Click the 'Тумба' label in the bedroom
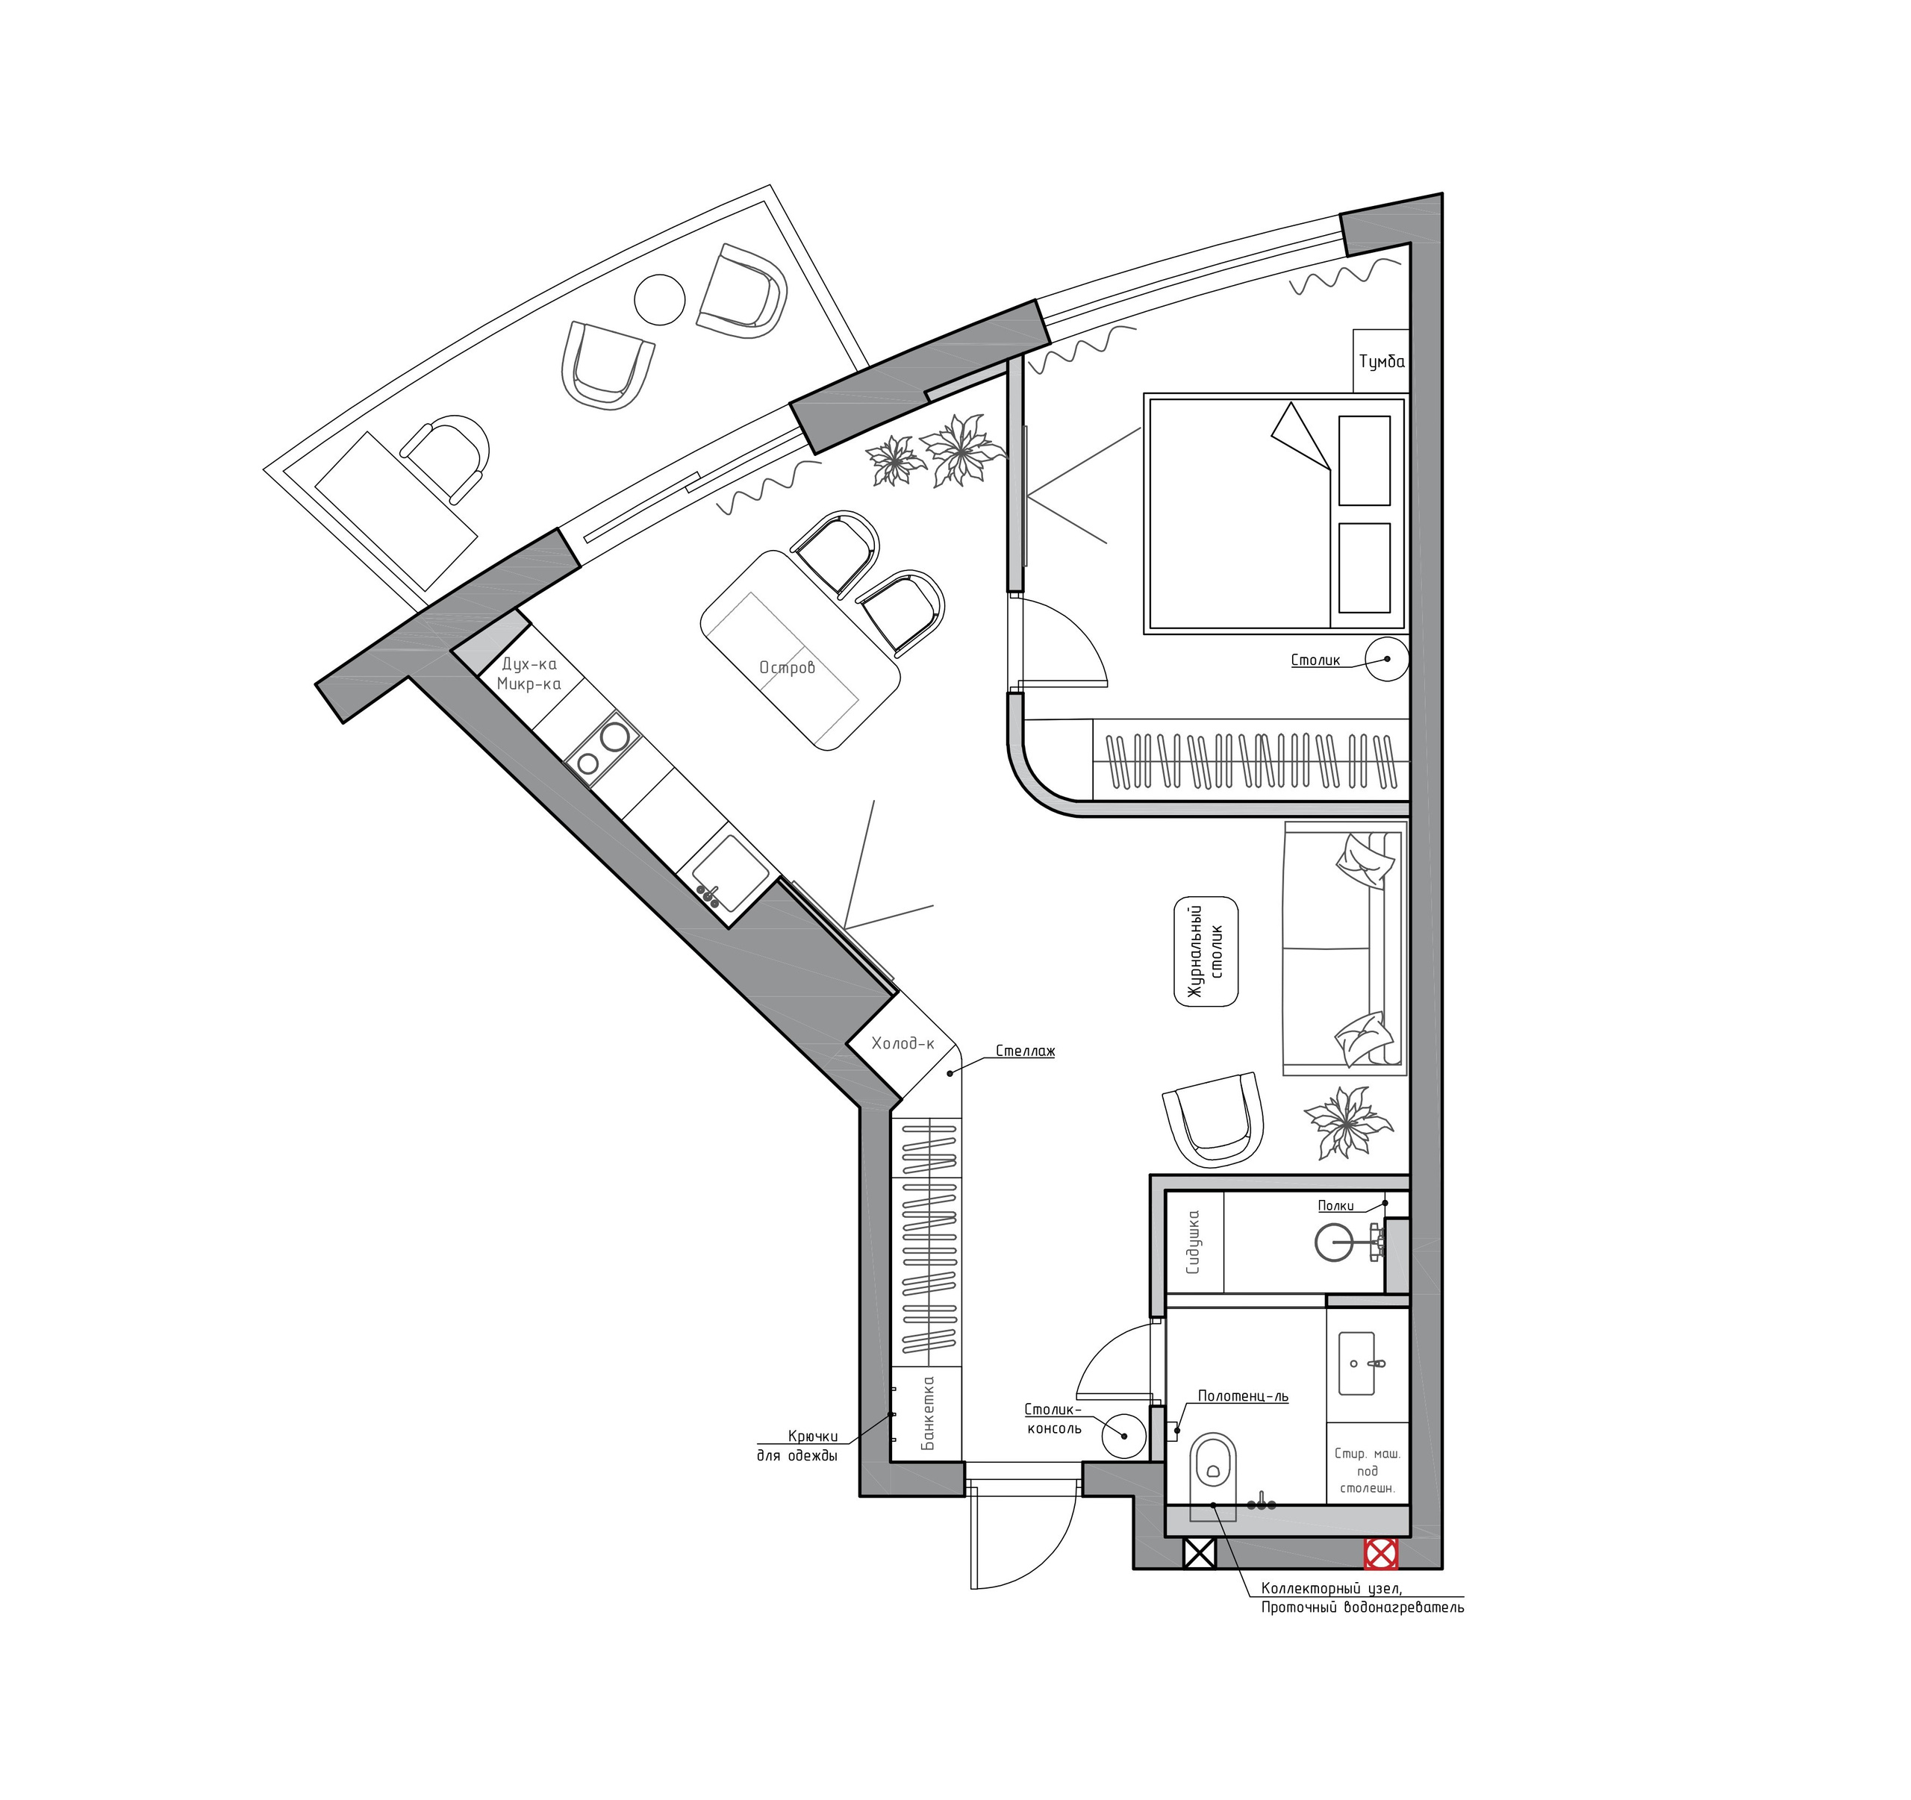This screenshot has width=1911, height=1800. coord(1381,362)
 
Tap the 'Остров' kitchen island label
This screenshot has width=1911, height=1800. coord(786,667)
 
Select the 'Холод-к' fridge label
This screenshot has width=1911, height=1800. coord(902,1043)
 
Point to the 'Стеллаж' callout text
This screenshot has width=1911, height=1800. coord(1025,1051)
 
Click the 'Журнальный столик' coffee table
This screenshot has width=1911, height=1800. coord(1206,951)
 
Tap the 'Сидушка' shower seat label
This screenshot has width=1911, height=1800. coord(1194,1243)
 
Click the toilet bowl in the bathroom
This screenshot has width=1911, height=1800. coord(1213,1465)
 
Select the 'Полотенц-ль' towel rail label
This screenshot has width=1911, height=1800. coord(1243,1396)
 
